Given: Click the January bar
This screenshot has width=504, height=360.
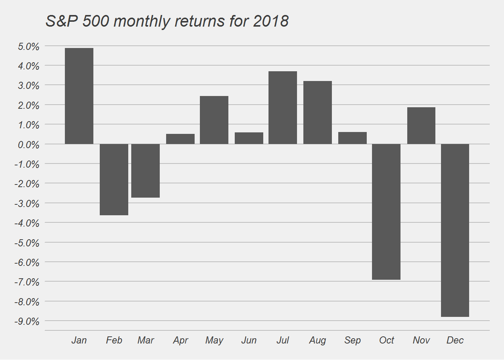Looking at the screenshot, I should tap(79, 96).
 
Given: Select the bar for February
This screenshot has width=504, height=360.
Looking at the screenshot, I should tap(114, 179).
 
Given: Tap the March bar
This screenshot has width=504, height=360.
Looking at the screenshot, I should tap(145, 171).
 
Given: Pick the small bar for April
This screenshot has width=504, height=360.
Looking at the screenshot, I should tap(180, 139).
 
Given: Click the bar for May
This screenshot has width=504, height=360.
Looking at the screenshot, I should tap(214, 120).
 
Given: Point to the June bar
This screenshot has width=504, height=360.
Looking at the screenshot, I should tap(249, 138).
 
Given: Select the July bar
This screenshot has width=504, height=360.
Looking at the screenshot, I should tap(283, 108).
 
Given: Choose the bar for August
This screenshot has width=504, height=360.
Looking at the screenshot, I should tap(318, 112).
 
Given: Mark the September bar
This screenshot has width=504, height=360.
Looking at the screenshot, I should tap(352, 138).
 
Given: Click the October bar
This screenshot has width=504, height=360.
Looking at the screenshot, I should tap(386, 211).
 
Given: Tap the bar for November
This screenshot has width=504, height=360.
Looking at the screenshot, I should tap(421, 126).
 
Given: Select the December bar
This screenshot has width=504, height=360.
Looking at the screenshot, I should tap(455, 230).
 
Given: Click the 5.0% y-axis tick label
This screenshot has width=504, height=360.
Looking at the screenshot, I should tap(28, 46).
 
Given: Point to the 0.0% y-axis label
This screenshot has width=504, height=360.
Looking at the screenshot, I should tap(28, 145).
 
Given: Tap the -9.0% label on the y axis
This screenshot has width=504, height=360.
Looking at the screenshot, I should tap(27, 321).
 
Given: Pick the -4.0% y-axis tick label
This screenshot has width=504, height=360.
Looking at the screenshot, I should tap(27, 223).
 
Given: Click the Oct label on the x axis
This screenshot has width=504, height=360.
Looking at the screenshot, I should tap(387, 340).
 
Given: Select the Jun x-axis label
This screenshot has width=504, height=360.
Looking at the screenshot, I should tap(249, 340).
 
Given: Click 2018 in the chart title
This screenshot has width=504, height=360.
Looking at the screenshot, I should tap(271, 21).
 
